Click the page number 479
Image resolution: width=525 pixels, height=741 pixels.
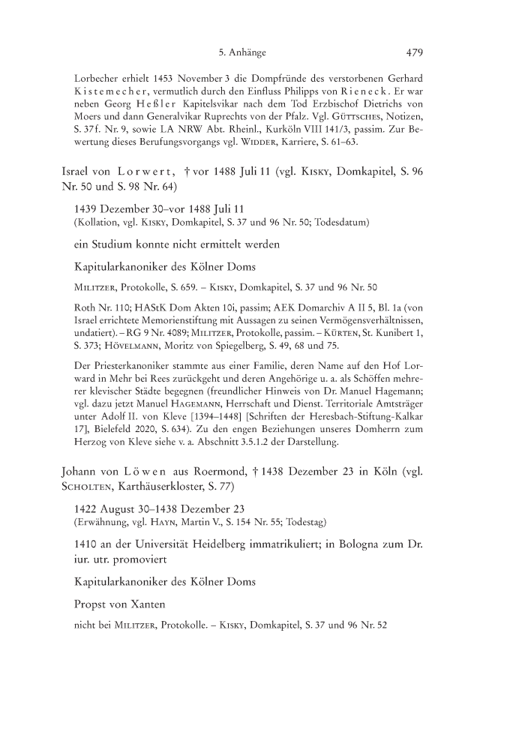coord(415,52)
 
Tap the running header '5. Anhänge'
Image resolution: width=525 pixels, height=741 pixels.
coord(242,52)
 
